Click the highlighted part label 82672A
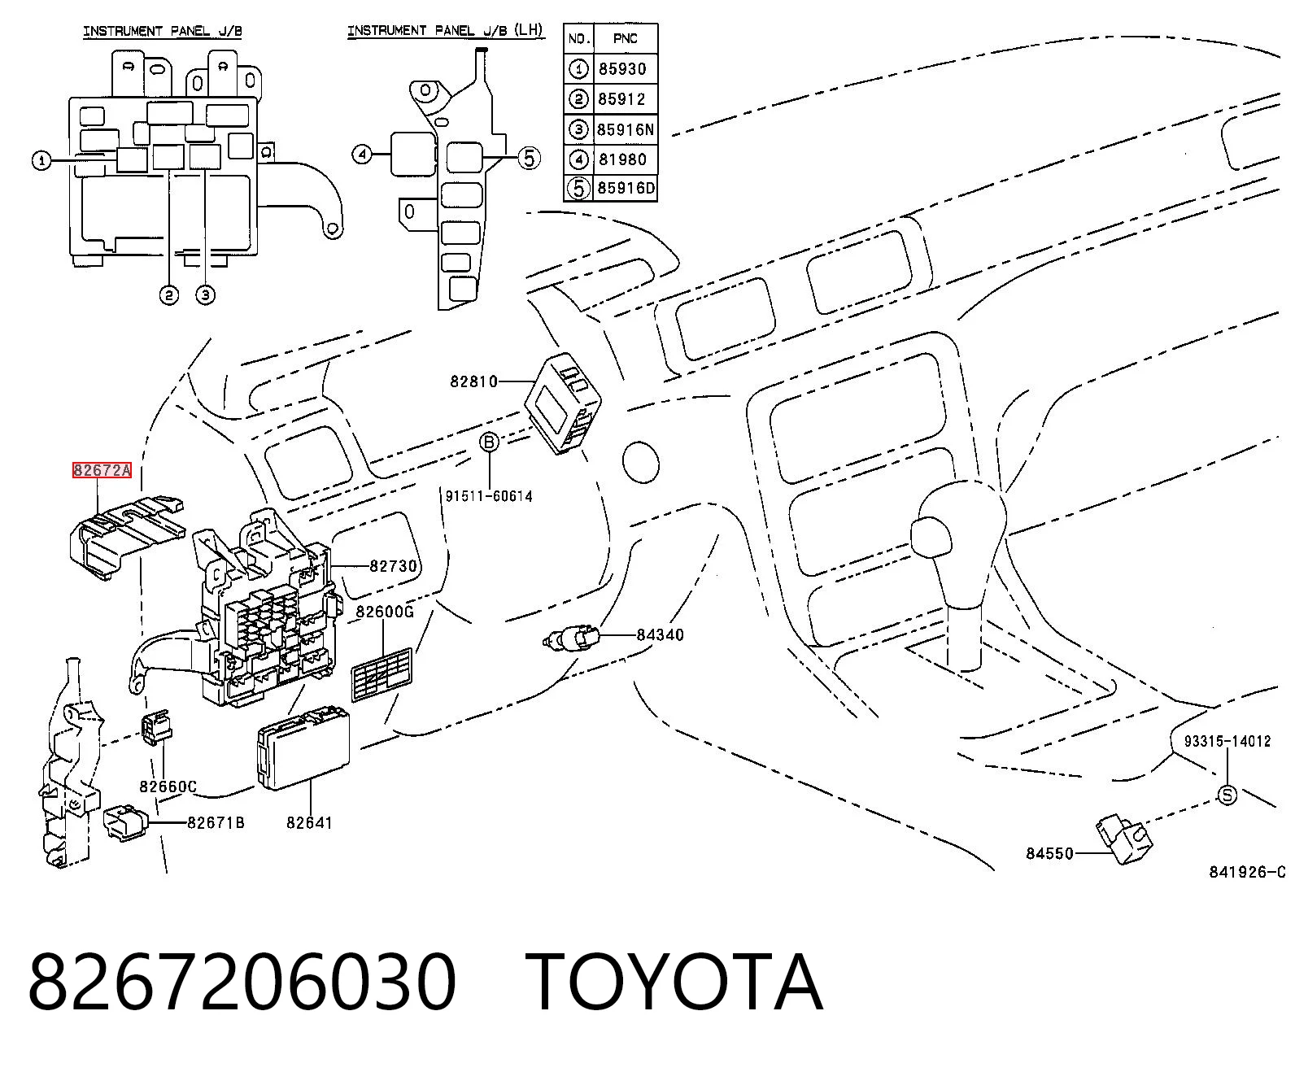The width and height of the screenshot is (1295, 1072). pyautogui.click(x=102, y=470)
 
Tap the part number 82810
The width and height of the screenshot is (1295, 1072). pyautogui.click(x=474, y=381)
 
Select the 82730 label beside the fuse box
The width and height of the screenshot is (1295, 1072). pyautogui.click(x=393, y=566)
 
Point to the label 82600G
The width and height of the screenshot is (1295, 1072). pyautogui.click(x=385, y=612)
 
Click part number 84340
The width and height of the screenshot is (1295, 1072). pyautogui.click(x=660, y=634)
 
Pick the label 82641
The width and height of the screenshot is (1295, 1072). pyautogui.click(x=309, y=822)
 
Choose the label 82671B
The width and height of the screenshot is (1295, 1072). pyautogui.click(x=216, y=822)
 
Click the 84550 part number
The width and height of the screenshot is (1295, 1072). pyautogui.click(x=1049, y=854)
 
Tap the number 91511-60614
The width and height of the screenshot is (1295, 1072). pyautogui.click(x=489, y=496)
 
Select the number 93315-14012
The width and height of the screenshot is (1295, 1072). pyautogui.click(x=1227, y=741)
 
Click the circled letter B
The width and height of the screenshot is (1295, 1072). pyautogui.click(x=490, y=442)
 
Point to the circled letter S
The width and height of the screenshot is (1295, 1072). pyautogui.click(x=1227, y=795)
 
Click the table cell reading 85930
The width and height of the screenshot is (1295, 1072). pyautogui.click(x=622, y=69)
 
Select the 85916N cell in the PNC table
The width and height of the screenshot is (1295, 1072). pyautogui.click(x=626, y=129)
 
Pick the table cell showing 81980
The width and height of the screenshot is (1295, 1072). pyautogui.click(x=623, y=160)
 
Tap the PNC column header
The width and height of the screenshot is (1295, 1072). pyautogui.click(x=626, y=38)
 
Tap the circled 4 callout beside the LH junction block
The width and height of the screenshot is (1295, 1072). pyautogui.click(x=362, y=155)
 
